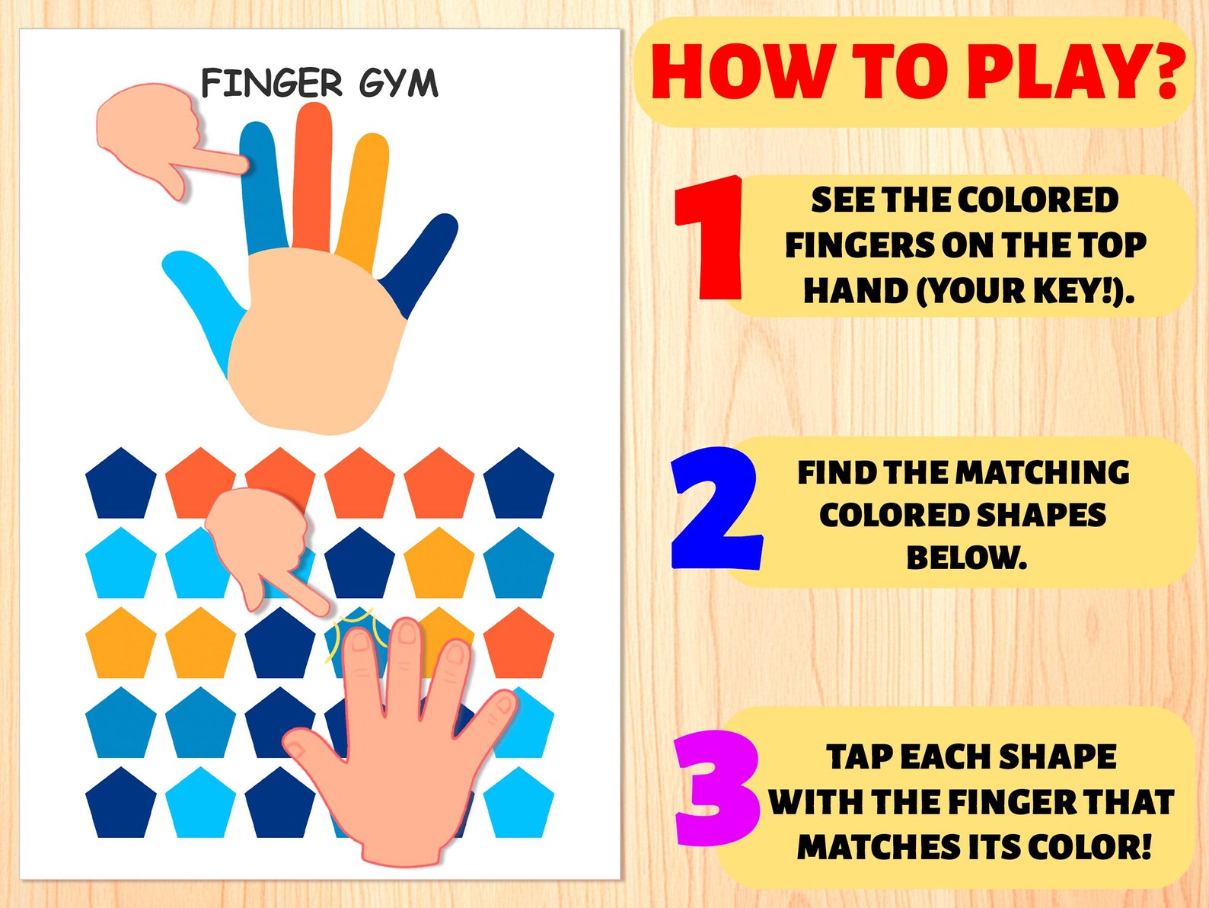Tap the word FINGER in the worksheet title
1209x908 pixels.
point(272,83)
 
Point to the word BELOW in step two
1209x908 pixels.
point(966,558)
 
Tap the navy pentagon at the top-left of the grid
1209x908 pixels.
point(120,486)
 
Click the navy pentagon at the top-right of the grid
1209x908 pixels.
point(518,486)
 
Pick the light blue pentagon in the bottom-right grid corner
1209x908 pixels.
point(518,806)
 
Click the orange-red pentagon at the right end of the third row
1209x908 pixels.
point(518,646)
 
